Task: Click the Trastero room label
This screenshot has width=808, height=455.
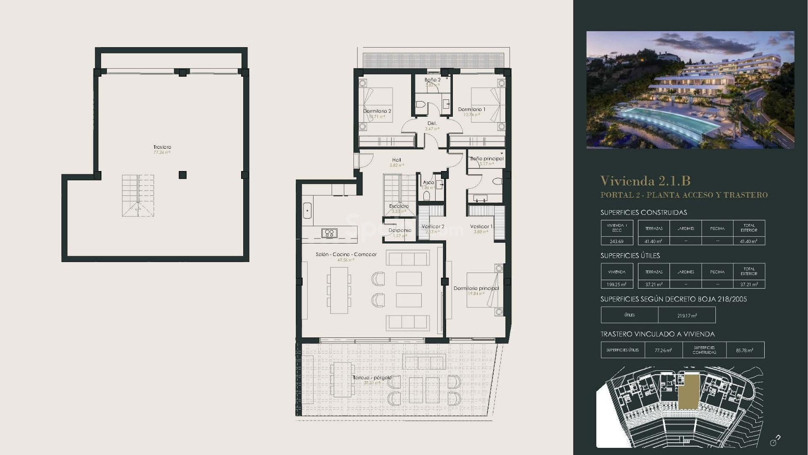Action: coord(162,147)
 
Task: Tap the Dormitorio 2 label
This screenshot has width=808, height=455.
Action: coord(377,111)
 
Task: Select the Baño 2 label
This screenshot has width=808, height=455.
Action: coord(432,80)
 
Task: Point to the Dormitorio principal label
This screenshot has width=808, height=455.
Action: coord(476,289)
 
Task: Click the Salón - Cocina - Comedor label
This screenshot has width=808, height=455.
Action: coord(346,254)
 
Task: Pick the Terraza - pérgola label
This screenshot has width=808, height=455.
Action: coord(372,377)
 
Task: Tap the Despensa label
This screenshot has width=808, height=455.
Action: coord(399,230)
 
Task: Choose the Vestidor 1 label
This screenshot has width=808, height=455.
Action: coord(481,227)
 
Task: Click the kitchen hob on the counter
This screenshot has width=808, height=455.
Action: coord(329,233)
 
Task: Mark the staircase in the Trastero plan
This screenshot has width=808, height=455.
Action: coord(138,195)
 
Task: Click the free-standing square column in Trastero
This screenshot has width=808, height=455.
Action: coord(182,175)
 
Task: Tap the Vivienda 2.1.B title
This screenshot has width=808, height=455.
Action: coord(645,181)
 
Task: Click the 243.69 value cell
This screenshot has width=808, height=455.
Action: coord(617,241)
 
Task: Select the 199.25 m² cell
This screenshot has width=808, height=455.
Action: coord(617,284)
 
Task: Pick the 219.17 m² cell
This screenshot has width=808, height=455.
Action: coord(687,315)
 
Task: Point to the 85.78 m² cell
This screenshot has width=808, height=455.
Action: coord(744,350)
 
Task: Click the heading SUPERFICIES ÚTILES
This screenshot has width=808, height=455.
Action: coord(630,256)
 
